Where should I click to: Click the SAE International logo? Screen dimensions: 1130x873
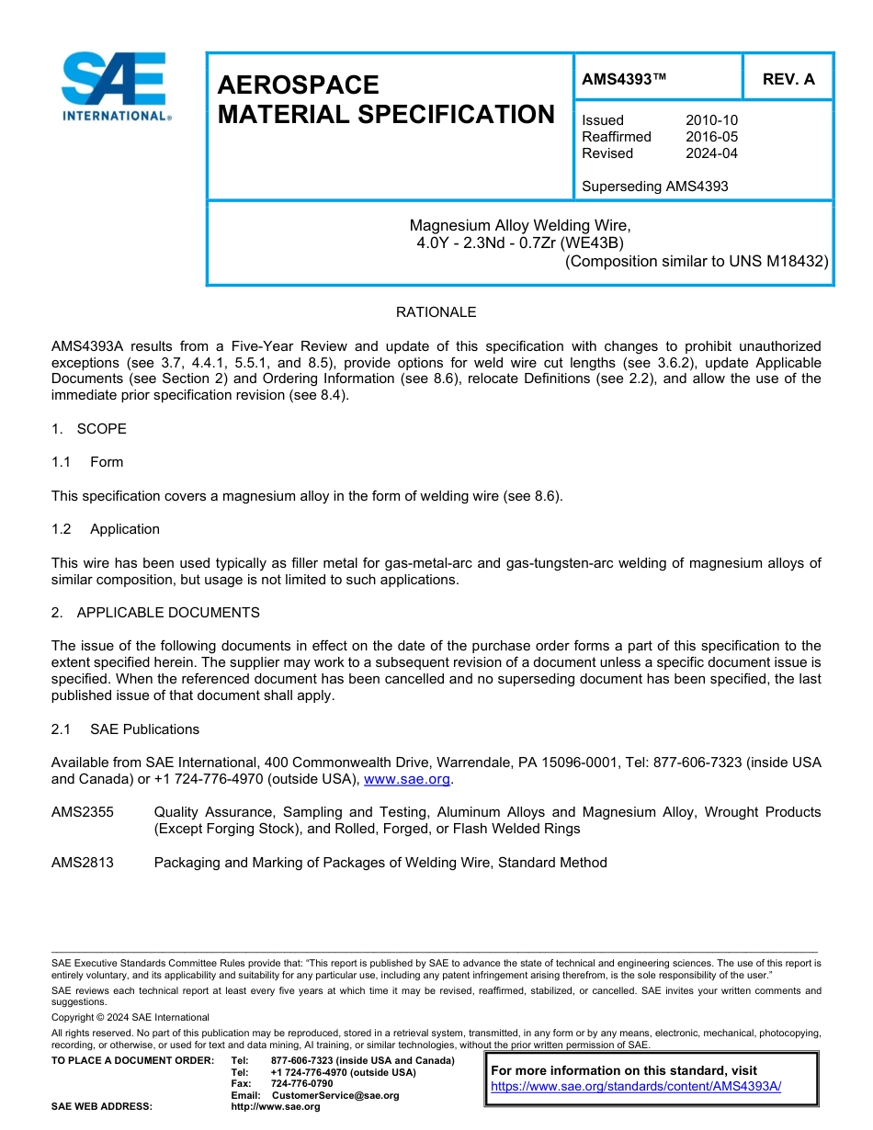pyautogui.click(x=114, y=87)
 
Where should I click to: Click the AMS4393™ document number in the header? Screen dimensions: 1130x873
pyautogui.click(x=624, y=79)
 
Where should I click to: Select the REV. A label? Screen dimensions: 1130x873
pyautogui.click(x=788, y=79)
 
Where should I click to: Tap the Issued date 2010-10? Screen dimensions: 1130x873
pyautogui.click(x=711, y=120)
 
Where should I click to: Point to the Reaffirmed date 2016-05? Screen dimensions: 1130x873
pyautogui.click(x=711, y=137)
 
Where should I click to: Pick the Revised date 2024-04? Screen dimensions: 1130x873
pyautogui.click(x=711, y=153)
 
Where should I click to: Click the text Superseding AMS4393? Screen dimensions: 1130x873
pyautogui.click(x=654, y=186)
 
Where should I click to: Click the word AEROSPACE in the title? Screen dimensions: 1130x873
pyautogui.click(x=298, y=85)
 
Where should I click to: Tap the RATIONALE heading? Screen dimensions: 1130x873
pyautogui.click(x=436, y=312)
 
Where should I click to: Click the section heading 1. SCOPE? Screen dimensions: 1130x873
pyautogui.click(x=89, y=429)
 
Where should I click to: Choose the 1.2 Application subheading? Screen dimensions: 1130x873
pyautogui.click(x=106, y=529)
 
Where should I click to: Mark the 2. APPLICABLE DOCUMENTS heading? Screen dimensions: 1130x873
pyautogui.click(x=155, y=613)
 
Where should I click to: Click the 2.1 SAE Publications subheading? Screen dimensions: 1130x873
pyautogui.click(x=125, y=729)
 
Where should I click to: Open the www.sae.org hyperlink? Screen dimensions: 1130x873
pyautogui.click(x=407, y=779)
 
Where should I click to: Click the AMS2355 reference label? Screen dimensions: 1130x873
pyautogui.click(x=83, y=812)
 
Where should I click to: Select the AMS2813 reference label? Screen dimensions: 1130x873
pyautogui.click(x=83, y=863)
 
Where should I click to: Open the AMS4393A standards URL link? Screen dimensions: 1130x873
pyautogui.click(x=635, y=1086)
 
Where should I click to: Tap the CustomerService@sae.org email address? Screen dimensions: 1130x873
pyautogui.click(x=335, y=1095)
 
